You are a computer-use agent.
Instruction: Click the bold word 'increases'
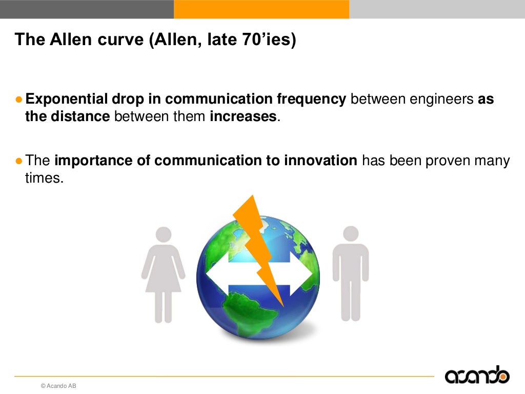click(x=243, y=116)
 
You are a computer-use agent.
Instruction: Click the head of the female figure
click(x=164, y=234)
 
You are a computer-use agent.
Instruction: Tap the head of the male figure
click(x=351, y=233)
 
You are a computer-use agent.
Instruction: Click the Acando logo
click(x=477, y=376)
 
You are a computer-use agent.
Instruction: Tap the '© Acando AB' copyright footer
click(x=58, y=386)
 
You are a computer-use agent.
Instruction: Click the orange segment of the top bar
click(x=261, y=9)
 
